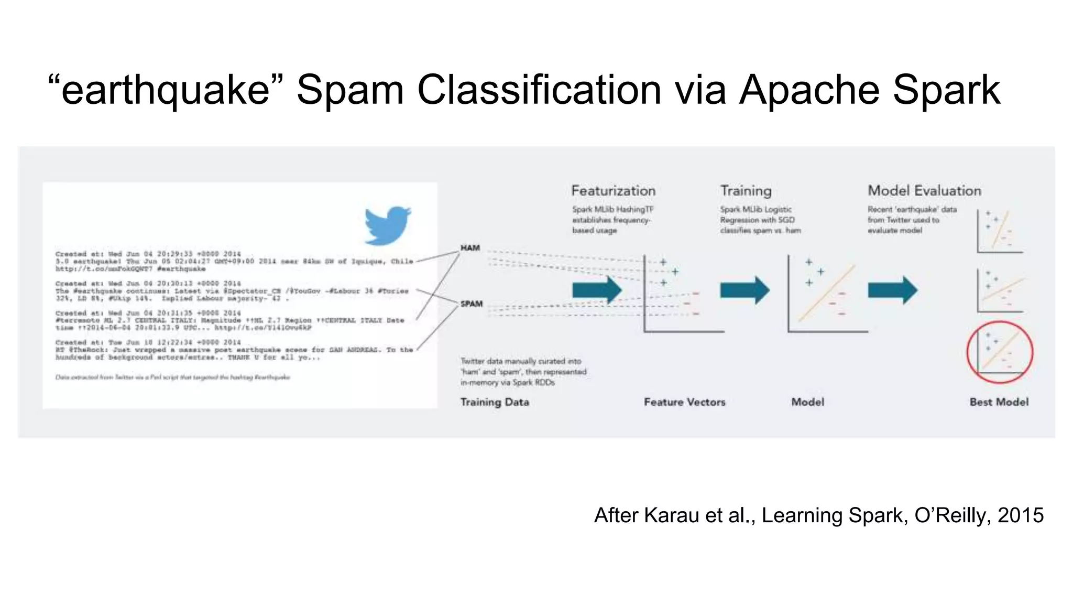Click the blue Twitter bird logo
pyautogui.click(x=387, y=225)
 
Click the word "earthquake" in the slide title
pyautogui.click(x=166, y=90)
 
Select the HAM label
pyautogui.click(x=470, y=248)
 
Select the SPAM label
pyautogui.click(x=472, y=304)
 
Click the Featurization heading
pyautogui.click(x=613, y=191)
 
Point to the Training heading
pyautogui.click(x=746, y=191)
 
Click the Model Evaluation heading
pyautogui.click(x=924, y=191)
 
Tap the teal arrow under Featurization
pyautogui.click(x=597, y=290)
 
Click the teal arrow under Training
pyautogui.click(x=744, y=290)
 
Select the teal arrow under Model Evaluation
pyautogui.click(x=892, y=290)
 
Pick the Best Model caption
pyautogui.click(x=999, y=402)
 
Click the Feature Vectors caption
pyautogui.click(x=684, y=402)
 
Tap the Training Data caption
pyautogui.click(x=495, y=402)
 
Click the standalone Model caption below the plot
pyautogui.click(x=807, y=402)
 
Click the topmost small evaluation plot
pyautogui.click(x=1000, y=231)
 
